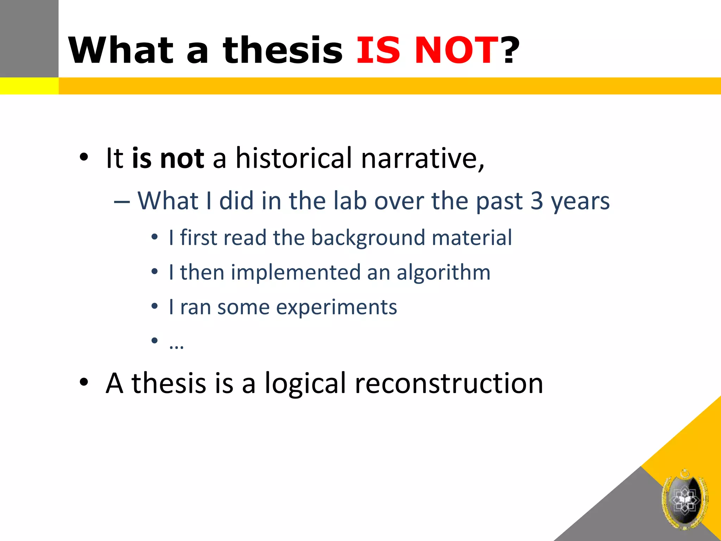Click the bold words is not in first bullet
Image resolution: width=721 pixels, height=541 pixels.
[168, 158]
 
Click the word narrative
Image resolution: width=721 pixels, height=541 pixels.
[422, 158]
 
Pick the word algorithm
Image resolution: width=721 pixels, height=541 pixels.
[443, 273]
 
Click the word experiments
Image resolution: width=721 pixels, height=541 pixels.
[336, 307]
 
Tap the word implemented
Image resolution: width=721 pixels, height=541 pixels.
[296, 273]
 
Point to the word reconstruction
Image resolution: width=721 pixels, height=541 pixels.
[449, 383]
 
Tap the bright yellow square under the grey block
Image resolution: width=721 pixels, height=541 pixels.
[29, 86]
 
